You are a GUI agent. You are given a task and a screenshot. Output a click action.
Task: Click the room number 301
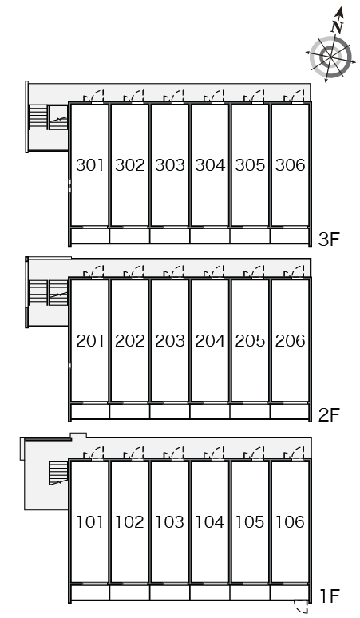coord(90,164)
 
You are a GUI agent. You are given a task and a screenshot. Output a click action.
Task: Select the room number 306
coord(290,164)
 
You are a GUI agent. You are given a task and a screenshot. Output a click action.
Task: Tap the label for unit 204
coord(210,340)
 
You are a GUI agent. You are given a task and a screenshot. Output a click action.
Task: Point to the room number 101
coord(90,522)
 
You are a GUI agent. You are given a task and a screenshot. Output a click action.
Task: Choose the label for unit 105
coord(250,522)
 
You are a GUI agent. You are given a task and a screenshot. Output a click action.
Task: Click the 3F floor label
coord(329,239)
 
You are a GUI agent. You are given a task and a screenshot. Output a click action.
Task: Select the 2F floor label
coord(329,414)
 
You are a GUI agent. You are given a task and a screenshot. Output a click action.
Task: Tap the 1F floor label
coord(329,596)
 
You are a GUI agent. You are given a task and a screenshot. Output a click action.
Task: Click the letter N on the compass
coord(337,26)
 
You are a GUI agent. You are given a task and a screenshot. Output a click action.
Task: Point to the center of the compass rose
coord(330,57)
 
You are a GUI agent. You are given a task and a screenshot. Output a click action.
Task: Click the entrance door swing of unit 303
coord(174,96)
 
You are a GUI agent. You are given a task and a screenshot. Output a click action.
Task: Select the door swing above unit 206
coord(295,272)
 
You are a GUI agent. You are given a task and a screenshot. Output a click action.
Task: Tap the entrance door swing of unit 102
coord(134,454)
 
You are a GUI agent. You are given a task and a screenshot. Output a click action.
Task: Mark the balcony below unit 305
coord(250,236)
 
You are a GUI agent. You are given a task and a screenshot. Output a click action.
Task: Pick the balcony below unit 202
coord(129,411)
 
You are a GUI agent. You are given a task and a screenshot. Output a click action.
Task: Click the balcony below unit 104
coord(210,592)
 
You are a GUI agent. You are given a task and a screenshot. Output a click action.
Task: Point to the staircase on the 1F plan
coord(58,473)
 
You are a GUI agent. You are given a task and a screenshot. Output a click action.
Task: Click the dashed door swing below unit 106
coord(301,608)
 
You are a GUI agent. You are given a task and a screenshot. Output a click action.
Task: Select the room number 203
coord(170,340)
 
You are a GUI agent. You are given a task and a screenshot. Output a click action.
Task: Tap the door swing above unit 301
coord(93,96)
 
